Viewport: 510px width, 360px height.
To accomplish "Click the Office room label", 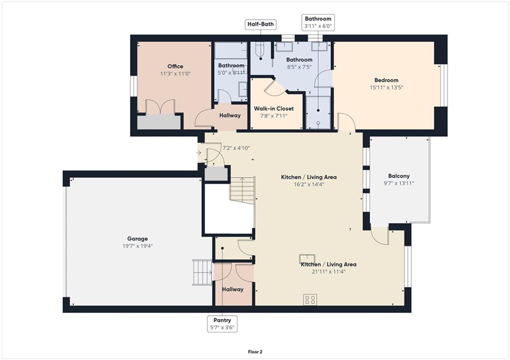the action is (x=175, y=66).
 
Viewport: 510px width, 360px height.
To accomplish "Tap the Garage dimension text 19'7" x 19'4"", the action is (x=137, y=246).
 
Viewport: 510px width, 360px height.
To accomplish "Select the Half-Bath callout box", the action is (x=260, y=24).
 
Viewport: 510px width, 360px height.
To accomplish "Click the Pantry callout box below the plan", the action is (x=222, y=324).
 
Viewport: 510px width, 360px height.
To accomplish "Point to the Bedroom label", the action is (x=386, y=80).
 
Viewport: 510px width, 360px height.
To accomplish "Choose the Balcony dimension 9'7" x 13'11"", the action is (x=399, y=183).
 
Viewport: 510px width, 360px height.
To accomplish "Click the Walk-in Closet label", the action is (x=274, y=109).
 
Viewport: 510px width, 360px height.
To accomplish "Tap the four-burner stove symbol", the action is (x=310, y=300).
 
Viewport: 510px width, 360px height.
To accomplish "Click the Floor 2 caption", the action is (x=255, y=352).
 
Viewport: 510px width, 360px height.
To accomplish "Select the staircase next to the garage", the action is (x=202, y=272).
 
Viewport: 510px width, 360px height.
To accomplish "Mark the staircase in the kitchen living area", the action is (x=243, y=191).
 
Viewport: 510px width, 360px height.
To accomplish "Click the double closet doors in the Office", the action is (x=160, y=107).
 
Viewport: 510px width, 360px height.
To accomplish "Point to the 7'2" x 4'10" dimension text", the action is (x=236, y=148).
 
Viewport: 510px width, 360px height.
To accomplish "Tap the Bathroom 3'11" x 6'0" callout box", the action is (x=318, y=22).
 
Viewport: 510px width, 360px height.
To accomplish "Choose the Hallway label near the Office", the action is (x=230, y=116).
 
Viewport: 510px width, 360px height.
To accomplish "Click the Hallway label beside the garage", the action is (x=233, y=289).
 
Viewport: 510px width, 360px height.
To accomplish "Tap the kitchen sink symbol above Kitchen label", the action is (x=307, y=258).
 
